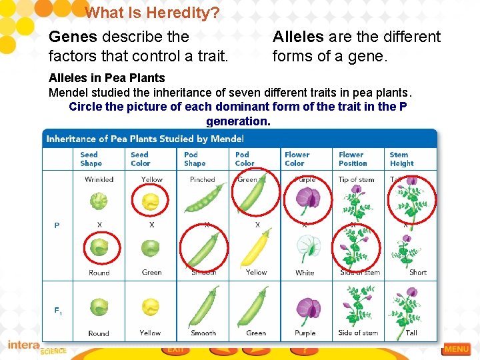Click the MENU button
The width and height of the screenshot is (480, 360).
457,349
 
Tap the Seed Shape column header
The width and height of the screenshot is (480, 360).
91,159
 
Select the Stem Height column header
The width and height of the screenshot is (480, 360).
401,159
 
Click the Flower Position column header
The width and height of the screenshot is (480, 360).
352,159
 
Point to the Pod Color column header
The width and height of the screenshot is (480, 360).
245,159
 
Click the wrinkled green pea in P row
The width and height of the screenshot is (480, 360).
99,200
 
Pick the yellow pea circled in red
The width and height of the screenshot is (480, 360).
151,200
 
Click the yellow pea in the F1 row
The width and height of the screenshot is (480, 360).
151,307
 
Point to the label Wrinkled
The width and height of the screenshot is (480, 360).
99,179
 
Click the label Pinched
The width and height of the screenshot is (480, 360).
202,179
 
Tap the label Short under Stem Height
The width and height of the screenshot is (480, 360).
417,272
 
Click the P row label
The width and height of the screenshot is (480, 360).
57,225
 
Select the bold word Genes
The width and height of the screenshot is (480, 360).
73,37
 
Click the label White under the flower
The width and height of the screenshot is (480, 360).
305,273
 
